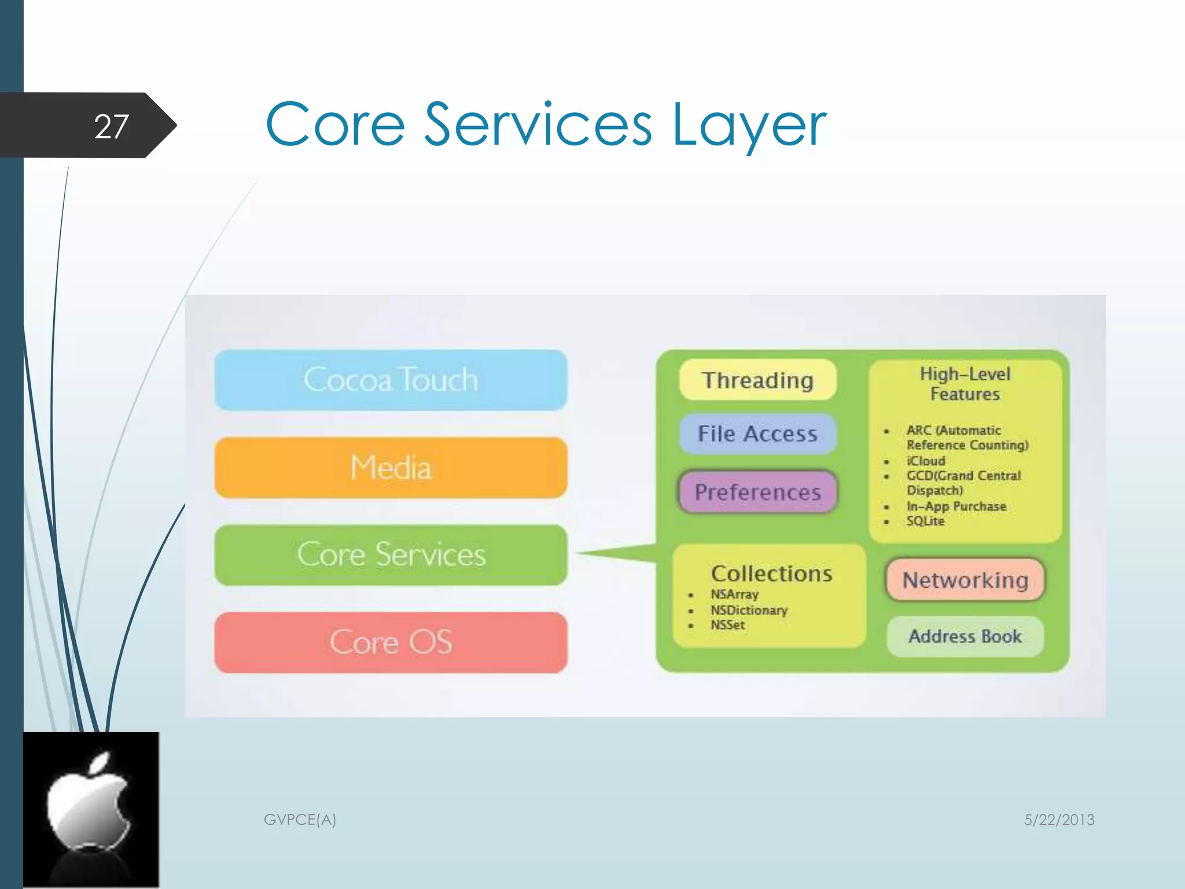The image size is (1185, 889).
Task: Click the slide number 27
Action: click(x=111, y=126)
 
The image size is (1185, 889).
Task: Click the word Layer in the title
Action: click(x=749, y=125)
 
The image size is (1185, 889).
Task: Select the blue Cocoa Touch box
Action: click(x=391, y=380)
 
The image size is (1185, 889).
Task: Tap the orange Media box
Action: click(x=391, y=468)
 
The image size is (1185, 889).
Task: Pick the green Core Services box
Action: click(x=391, y=554)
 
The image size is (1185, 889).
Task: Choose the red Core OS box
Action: click(x=391, y=642)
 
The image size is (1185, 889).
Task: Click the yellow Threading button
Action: click(x=757, y=380)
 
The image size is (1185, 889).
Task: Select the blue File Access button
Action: click(x=757, y=434)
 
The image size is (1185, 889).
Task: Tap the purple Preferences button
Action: click(x=757, y=492)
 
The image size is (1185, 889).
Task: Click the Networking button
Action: click(x=965, y=580)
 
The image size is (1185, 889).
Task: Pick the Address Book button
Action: click(x=965, y=636)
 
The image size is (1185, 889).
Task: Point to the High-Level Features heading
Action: click(x=965, y=384)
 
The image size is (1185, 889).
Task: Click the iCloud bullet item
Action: click(x=926, y=461)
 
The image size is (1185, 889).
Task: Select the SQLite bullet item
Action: click(x=925, y=521)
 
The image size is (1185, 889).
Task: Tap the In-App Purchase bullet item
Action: click(x=956, y=506)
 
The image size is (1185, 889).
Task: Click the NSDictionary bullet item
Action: click(x=749, y=610)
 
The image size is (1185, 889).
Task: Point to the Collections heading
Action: click(x=771, y=574)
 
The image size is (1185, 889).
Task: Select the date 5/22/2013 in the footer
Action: click(x=1059, y=820)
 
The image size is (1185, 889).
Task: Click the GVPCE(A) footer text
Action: click(x=300, y=820)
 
